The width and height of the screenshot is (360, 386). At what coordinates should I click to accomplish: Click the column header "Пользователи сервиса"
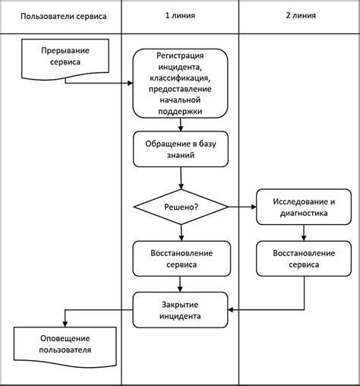coord(63,16)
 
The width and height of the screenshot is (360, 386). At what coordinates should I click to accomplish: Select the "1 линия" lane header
coord(181,16)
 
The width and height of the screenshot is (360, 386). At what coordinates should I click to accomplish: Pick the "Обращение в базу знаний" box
coord(181,150)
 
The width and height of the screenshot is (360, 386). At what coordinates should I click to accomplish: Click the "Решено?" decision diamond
coord(181,206)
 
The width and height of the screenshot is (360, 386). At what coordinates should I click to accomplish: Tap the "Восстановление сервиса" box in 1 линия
coord(181,259)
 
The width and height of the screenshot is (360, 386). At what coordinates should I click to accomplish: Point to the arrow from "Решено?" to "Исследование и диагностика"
coord(242,206)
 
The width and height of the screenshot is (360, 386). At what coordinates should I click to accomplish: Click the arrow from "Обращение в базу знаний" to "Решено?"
coord(181,179)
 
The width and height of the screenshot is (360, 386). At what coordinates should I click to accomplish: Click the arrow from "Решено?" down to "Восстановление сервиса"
coord(181,233)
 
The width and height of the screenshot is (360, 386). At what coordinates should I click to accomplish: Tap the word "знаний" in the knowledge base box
coord(181,157)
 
